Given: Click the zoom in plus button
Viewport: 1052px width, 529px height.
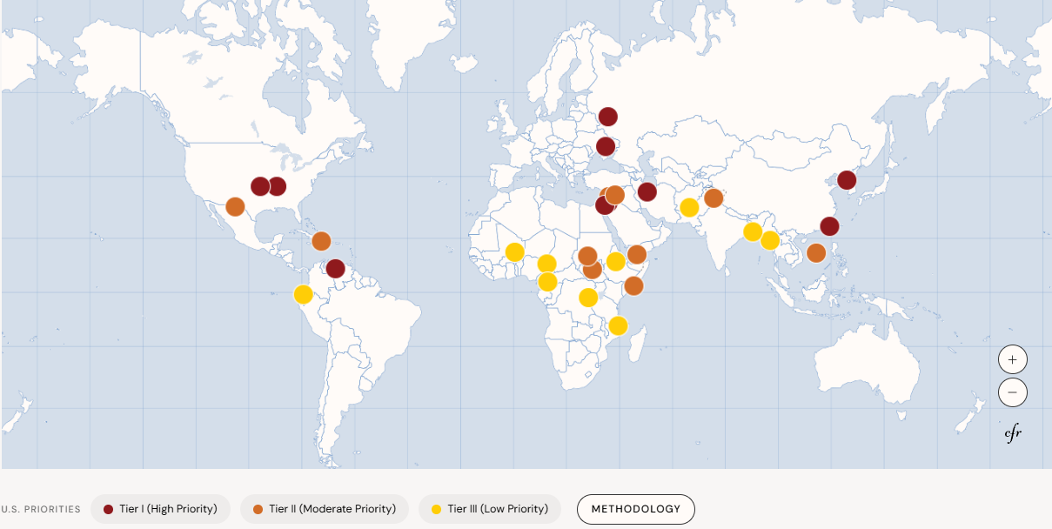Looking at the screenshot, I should coord(1012,359).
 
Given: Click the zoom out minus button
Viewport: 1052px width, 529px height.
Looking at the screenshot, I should coord(1012,392).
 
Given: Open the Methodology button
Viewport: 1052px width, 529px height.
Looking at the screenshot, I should coord(635,509).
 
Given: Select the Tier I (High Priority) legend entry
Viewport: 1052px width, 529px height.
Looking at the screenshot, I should coord(160,509).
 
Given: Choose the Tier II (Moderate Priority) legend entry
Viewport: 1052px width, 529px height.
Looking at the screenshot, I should coord(324,509).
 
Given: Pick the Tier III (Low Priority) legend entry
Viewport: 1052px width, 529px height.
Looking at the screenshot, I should coord(489,509).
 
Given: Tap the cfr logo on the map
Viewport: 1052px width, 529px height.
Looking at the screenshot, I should coord(1013,433).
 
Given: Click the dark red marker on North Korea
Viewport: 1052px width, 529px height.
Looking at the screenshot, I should coord(846,180).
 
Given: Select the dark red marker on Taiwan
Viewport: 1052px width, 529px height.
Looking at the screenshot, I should coord(829,226).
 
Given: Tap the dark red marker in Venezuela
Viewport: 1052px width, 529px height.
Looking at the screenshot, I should coord(335,269).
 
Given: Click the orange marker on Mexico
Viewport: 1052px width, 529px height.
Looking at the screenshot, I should coord(235,206).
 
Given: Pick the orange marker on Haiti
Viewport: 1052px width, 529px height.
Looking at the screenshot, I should coord(321,241).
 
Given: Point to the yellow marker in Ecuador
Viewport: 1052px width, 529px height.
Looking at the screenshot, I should coord(303,294).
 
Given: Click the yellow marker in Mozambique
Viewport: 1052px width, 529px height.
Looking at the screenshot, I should coord(618,325).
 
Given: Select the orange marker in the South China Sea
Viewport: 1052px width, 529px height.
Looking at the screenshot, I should coord(816,253).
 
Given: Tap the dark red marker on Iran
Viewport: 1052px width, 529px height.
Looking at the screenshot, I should coord(647,191).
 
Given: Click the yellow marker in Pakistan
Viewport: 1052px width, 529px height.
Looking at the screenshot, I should coord(689,207).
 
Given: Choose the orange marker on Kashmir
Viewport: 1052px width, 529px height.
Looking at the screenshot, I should coord(714,198).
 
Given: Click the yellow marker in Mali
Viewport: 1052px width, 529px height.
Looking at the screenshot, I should coord(514,252).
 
